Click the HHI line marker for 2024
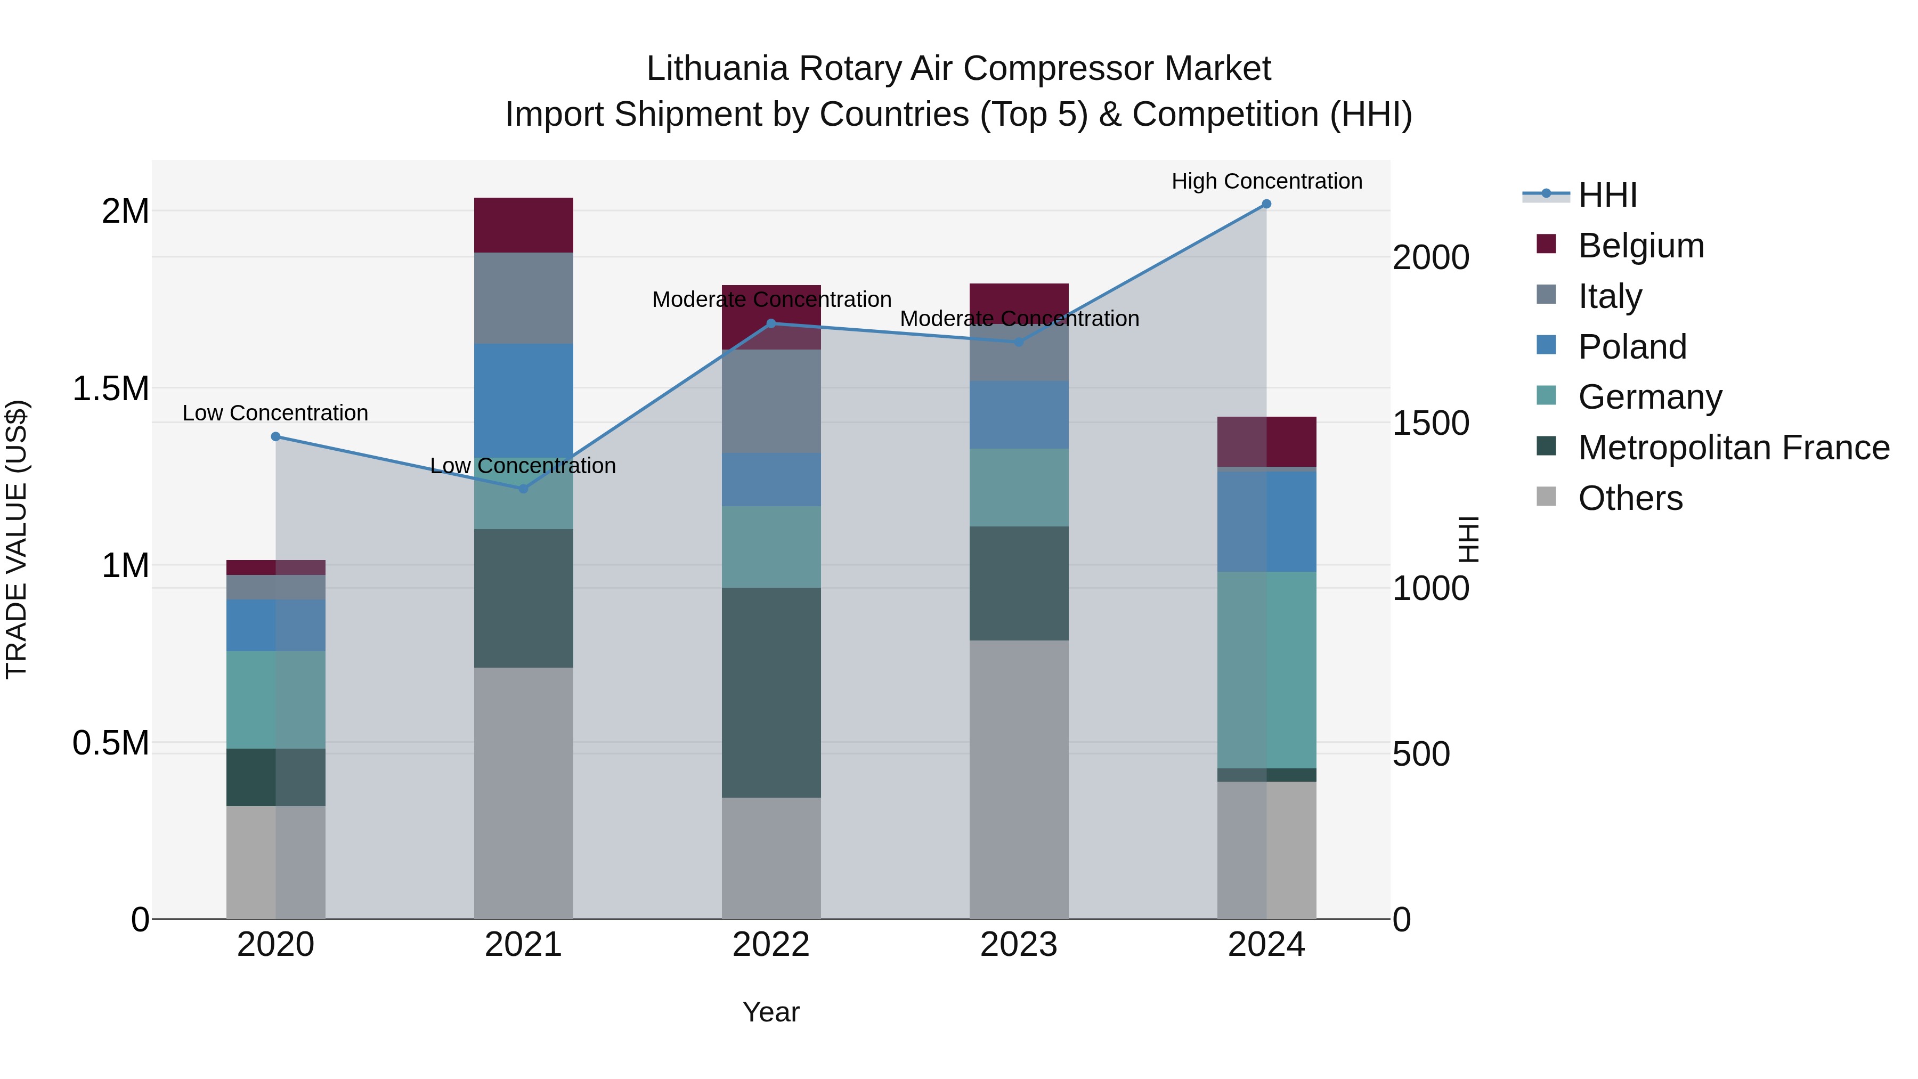coord(1266,204)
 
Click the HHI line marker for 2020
coord(275,436)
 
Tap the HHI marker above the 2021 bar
coord(523,489)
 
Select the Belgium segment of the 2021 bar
coord(523,225)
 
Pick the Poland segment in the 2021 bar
coord(523,400)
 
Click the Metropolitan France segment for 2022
coord(771,693)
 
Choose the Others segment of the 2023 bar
coord(1019,779)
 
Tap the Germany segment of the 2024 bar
coord(1266,670)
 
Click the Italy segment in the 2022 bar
coord(771,401)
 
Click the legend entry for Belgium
coord(1640,246)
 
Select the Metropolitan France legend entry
coord(1733,448)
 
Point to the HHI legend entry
coord(1607,195)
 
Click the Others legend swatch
coord(1547,497)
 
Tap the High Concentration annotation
coord(1266,181)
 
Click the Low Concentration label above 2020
coord(275,412)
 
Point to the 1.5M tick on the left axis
coord(110,388)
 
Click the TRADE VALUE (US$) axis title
coord(17,539)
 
